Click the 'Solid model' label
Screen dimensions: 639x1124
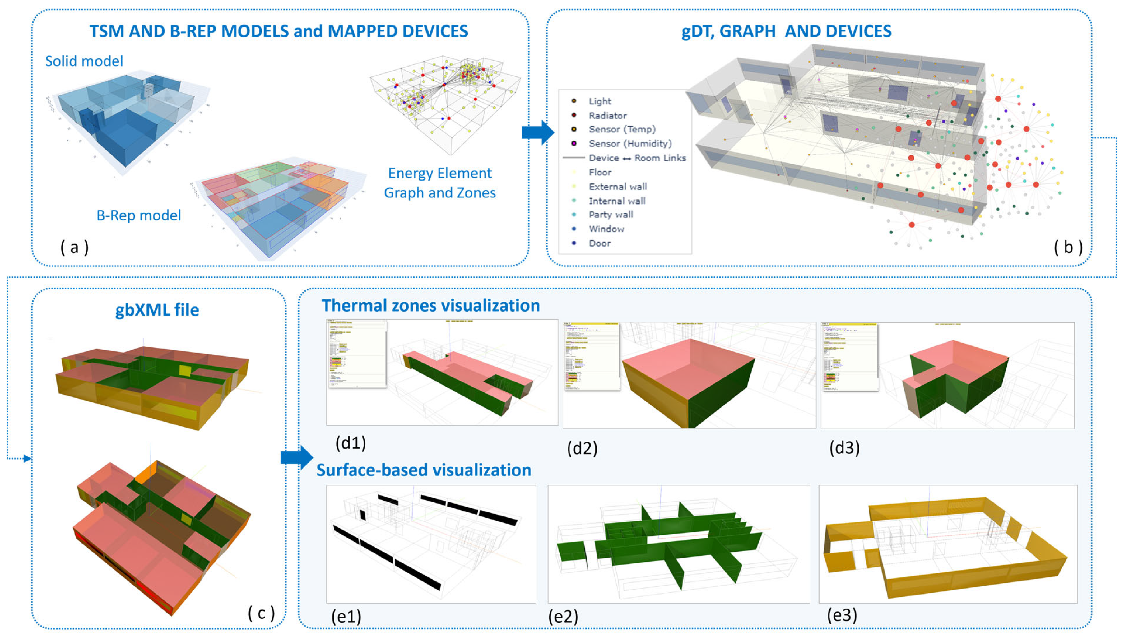click(x=84, y=61)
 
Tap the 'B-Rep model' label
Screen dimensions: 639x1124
click(x=139, y=215)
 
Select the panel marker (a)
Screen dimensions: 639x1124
click(x=75, y=248)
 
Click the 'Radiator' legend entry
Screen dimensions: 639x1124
click(x=607, y=115)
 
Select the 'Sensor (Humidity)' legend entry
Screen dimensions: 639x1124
click(x=630, y=144)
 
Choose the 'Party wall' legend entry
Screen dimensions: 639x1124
click(x=611, y=215)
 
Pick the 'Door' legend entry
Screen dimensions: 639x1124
click(x=600, y=243)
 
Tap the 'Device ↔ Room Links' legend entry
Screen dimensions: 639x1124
click(x=637, y=158)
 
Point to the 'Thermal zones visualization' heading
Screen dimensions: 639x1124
click(x=430, y=305)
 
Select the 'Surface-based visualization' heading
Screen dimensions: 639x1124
click(x=424, y=470)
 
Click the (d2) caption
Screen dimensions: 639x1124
click(x=582, y=448)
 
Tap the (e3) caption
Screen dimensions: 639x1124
click(x=842, y=615)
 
